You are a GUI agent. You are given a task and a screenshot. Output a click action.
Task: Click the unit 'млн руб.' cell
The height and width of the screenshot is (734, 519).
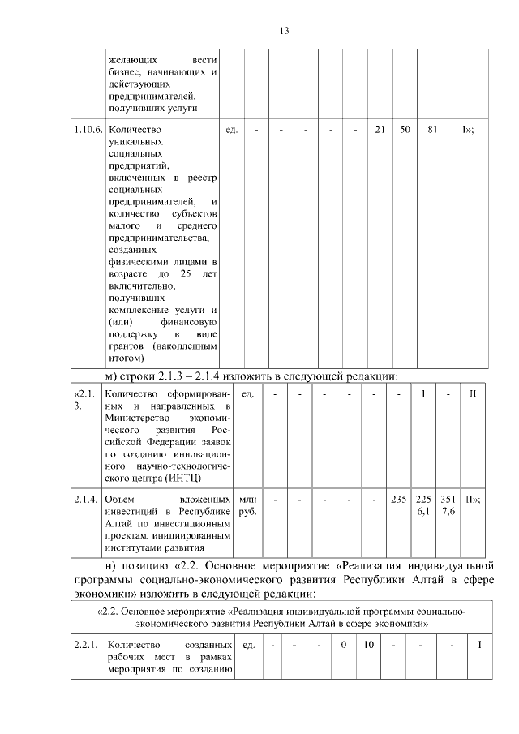[x=247, y=506]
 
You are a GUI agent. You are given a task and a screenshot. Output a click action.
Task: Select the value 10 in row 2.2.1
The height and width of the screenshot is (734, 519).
[x=369, y=645]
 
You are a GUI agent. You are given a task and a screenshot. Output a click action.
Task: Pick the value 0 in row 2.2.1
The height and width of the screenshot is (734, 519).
[x=344, y=645]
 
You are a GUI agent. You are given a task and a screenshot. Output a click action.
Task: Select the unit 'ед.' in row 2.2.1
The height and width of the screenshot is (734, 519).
[x=249, y=645]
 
